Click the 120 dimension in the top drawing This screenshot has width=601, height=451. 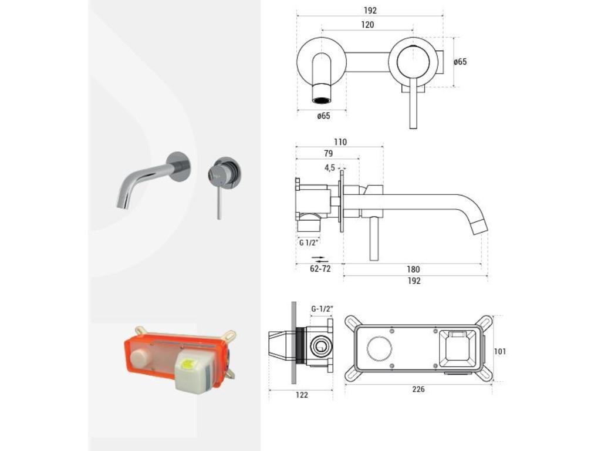367,25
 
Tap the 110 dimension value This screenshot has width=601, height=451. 340,142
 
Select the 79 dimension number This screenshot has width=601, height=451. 328,153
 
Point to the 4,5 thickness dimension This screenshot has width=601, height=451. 330,167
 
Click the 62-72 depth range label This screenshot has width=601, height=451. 320,269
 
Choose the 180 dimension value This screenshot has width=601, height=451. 413,269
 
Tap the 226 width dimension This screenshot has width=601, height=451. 418,389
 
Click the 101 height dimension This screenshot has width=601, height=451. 500,351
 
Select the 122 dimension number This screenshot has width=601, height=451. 302,395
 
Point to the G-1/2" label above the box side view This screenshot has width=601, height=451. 322,308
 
